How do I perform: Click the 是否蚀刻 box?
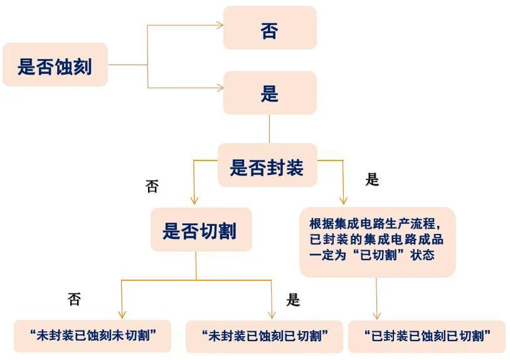click(55, 65)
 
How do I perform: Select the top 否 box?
click(270, 28)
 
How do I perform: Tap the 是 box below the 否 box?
click(270, 93)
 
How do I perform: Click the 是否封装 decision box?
click(267, 166)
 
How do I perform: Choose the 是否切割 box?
click(201, 230)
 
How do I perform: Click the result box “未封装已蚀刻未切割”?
click(92, 336)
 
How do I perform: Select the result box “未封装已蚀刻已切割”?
click(264, 336)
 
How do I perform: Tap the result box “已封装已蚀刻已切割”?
click(427, 336)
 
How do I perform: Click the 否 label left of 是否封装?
click(152, 186)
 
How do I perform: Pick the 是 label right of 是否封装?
click(372, 180)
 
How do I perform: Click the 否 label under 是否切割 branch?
click(74, 300)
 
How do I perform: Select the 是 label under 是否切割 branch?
click(293, 300)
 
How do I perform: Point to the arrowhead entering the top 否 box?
click(220, 25)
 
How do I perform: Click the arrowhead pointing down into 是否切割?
click(194, 201)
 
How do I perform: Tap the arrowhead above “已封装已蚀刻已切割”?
click(377, 315)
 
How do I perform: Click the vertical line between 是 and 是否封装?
click(269, 129)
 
